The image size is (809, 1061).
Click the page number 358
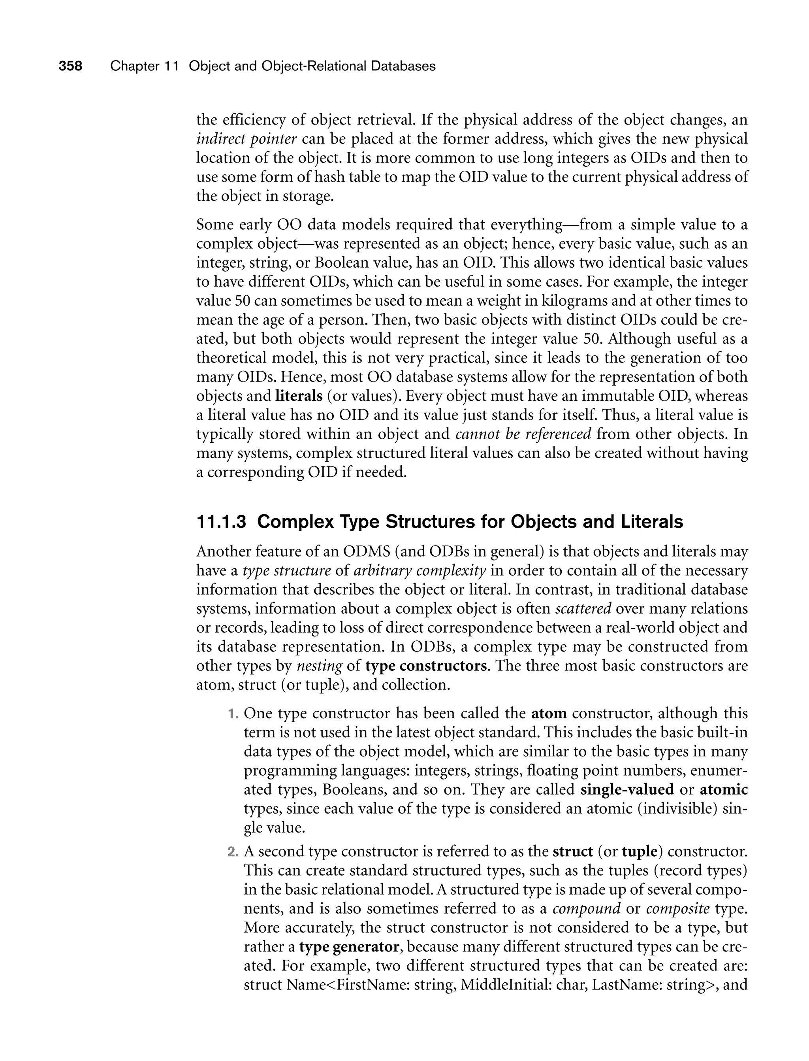[70, 66]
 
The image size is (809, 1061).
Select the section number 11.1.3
[222, 522]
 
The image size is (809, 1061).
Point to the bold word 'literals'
[299, 396]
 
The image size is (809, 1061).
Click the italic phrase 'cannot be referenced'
[523, 434]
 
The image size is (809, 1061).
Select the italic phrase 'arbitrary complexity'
[420, 571]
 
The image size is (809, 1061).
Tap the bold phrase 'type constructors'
[426, 666]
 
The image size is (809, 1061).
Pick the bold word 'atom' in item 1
[549, 714]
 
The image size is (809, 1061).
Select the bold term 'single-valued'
[627, 790]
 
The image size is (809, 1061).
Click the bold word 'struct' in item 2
[572, 852]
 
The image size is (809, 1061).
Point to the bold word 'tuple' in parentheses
[639, 852]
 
